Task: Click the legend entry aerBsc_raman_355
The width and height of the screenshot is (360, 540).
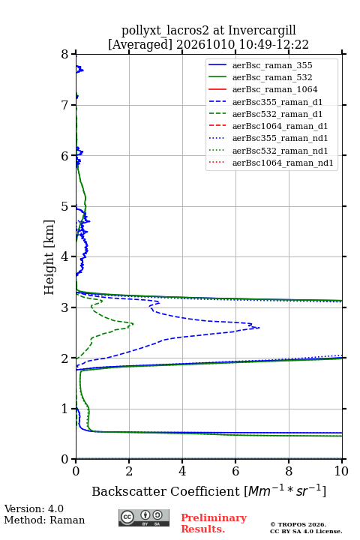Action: coord(272,65)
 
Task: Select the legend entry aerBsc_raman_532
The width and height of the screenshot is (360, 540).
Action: coord(272,77)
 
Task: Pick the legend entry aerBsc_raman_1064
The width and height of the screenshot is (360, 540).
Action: coord(275,89)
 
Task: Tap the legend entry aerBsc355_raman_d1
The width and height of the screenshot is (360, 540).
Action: coord(277,102)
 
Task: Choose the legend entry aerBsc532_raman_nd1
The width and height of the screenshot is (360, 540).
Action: coord(280,151)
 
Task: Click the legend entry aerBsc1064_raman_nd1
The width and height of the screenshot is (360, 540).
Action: coord(283,163)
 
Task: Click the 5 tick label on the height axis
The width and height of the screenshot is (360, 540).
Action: coord(65,206)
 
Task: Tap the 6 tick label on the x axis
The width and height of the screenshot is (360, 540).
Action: coord(235,471)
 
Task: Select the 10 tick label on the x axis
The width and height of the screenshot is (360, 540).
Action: coord(341,471)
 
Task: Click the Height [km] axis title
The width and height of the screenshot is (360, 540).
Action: coord(49,257)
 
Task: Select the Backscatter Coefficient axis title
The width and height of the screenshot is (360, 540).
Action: coord(208,490)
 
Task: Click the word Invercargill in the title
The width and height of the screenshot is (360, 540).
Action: coord(262,31)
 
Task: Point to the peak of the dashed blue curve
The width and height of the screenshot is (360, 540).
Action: coord(259,328)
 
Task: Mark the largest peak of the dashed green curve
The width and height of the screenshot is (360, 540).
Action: coord(133,324)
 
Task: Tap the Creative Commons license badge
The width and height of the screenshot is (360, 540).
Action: coord(144,517)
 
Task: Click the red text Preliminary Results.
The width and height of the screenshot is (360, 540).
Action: coord(214,523)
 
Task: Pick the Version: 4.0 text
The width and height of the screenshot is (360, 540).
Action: coord(34,508)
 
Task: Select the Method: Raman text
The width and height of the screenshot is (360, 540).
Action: coord(44,520)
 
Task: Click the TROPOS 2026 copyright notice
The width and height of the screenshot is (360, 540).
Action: coord(306,528)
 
